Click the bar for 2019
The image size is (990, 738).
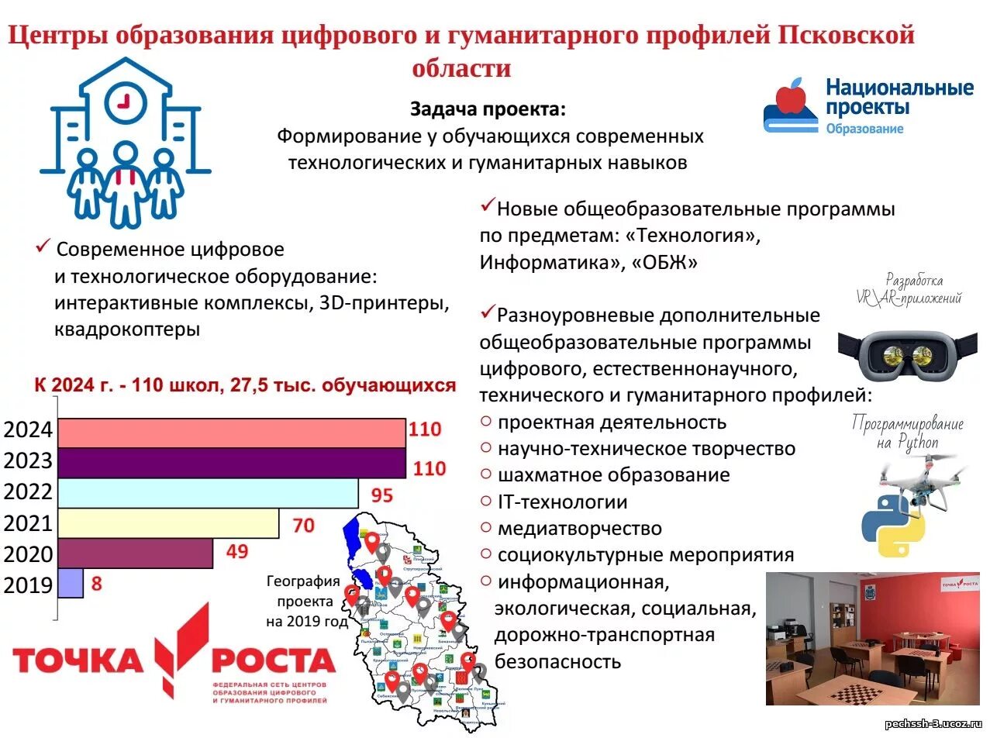[x=71, y=584]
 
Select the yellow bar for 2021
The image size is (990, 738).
[x=168, y=523]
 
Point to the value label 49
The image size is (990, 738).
[x=236, y=552]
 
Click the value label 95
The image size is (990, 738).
[x=381, y=495]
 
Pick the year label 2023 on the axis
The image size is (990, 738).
[x=28, y=461]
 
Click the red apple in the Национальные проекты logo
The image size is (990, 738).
[x=792, y=97]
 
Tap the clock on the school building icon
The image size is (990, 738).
[x=125, y=102]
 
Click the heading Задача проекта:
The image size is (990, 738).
[x=488, y=110]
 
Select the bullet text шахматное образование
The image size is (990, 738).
[x=613, y=475]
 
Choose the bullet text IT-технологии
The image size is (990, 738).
[x=562, y=502]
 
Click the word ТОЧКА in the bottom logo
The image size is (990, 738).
[x=78, y=661]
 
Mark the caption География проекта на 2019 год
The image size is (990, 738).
[x=303, y=601]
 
